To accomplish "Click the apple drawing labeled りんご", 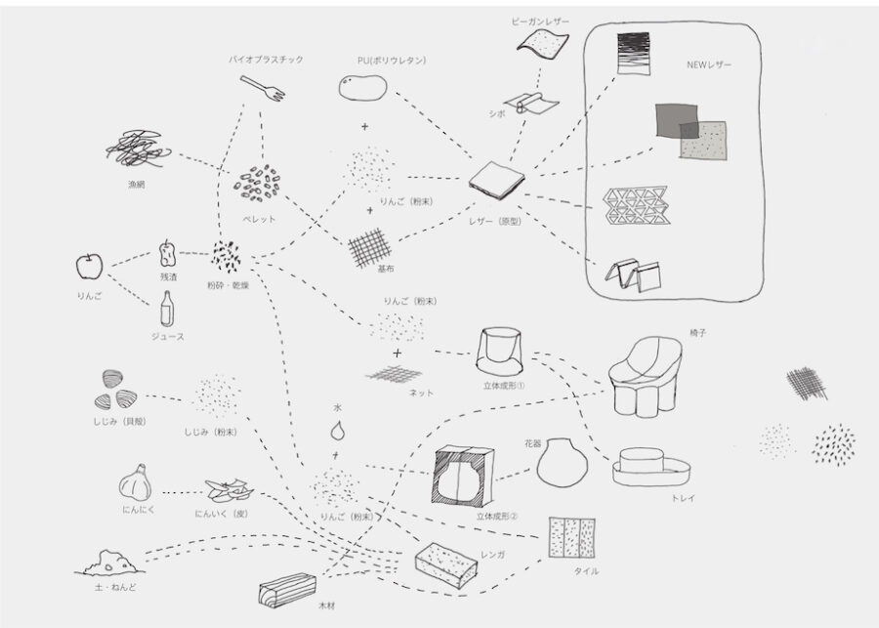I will pos(89,265).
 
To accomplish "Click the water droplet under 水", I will pos(336,428).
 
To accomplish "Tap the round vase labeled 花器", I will pos(560,460).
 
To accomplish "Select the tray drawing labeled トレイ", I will pos(650,468).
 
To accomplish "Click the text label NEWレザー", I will pos(709,65).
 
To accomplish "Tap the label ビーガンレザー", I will pos(540,21).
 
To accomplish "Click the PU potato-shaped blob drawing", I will pos(362,89).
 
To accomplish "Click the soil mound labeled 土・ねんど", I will pos(113,562).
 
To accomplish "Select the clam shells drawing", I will pos(115,389).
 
